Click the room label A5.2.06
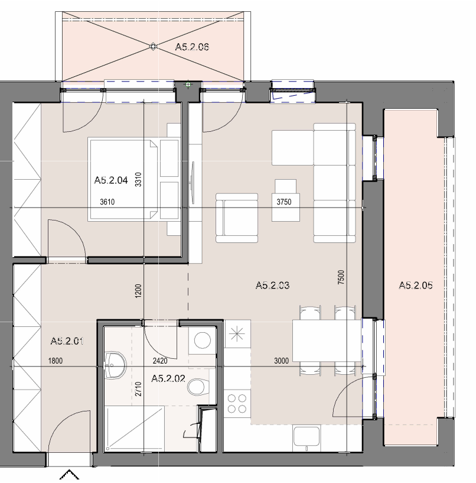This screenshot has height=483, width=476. tap(192, 47)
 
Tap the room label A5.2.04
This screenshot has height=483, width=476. tap(111, 180)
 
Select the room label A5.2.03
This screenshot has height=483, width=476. tap(273, 285)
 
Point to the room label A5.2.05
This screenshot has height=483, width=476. tap(416, 285)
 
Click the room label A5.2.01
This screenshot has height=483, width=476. tap(67, 341)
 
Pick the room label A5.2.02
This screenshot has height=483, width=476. tap(168, 378)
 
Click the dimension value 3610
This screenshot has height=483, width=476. tap(107, 202)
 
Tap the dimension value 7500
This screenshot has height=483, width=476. tap(341, 277)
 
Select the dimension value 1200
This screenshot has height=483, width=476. tap(138, 290)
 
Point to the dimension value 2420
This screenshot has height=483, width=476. tap(160, 361)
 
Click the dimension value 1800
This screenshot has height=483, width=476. tap(56, 361)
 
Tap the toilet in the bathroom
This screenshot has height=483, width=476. tap(198, 386)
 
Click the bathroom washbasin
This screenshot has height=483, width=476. tap(115, 365)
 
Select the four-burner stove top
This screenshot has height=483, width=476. tap(237, 404)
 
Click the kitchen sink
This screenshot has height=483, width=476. tap(307, 436)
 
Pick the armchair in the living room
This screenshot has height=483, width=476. tap(237, 218)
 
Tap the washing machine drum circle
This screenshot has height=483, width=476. tap(203, 341)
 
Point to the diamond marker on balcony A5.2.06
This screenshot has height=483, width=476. tap(153, 47)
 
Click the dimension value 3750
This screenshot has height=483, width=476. tap(284, 202)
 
